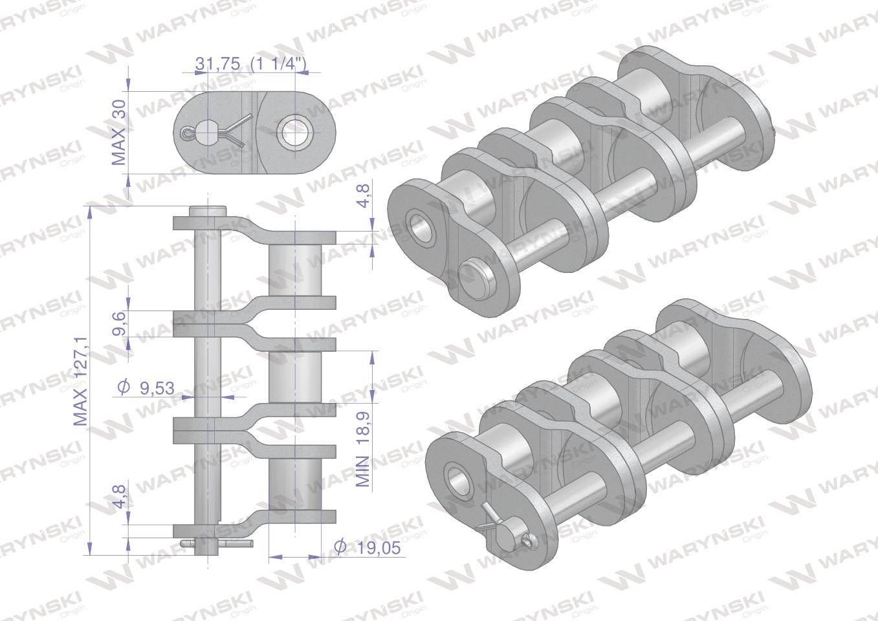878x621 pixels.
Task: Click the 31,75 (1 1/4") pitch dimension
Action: [x=250, y=64]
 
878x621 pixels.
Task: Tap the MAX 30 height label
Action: [x=119, y=132]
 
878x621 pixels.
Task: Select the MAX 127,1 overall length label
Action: [x=80, y=381]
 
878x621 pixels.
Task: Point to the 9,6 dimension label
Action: [x=119, y=323]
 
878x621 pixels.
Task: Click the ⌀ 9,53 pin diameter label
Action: [x=146, y=387]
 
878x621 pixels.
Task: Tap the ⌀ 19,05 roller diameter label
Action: [x=368, y=547]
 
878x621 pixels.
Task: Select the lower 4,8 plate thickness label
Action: [x=120, y=497]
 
